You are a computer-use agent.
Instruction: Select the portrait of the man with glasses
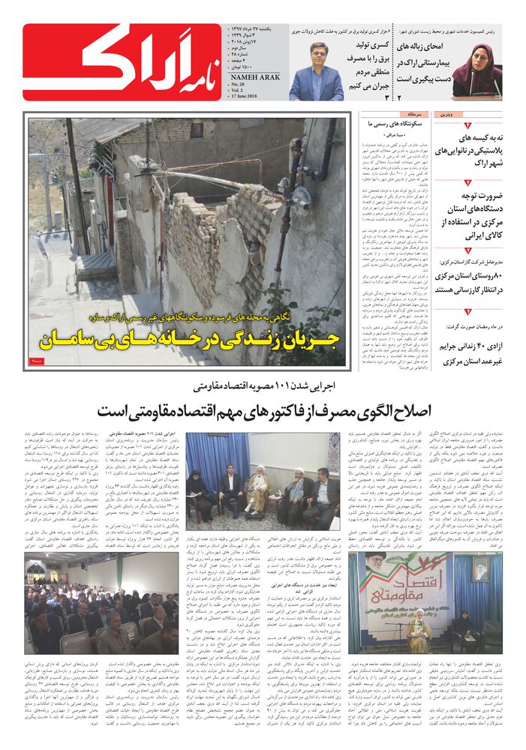[x=316, y=71]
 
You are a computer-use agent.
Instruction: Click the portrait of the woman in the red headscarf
[x=476, y=71]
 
